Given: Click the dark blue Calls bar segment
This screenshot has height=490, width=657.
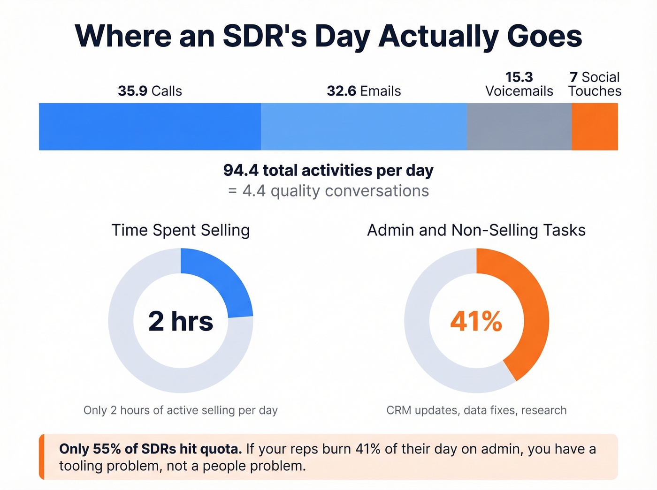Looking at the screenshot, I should tap(150, 127).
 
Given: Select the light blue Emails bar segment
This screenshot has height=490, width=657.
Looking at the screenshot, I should tap(364, 127).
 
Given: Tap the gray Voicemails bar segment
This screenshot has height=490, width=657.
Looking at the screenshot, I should tap(519, 127).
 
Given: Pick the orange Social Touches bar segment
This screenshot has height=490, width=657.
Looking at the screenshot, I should tap(595, 127).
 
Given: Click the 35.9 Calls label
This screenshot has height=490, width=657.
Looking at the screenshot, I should tap(150, 91).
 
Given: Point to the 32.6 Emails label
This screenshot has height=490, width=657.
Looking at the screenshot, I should tap(364, 91).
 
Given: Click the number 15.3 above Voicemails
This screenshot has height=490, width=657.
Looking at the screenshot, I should tap(519, 77).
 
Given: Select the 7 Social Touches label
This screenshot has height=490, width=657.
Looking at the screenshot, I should tap(595, 84).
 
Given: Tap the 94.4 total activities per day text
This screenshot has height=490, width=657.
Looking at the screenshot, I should tap(328, 170).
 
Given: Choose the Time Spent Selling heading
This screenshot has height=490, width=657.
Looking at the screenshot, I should tap(181, 230).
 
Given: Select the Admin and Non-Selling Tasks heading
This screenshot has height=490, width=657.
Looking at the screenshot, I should tap(476, 230).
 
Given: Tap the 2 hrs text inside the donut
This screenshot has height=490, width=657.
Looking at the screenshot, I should tap(181, 321).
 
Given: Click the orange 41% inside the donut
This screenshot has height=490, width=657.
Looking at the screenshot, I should tap(476, 321).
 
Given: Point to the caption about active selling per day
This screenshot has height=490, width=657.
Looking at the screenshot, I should tap(181, 410).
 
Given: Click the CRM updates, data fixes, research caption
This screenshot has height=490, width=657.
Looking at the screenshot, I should tap(476, 410).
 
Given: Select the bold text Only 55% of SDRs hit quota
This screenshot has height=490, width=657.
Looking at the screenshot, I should tap(150, 449).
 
